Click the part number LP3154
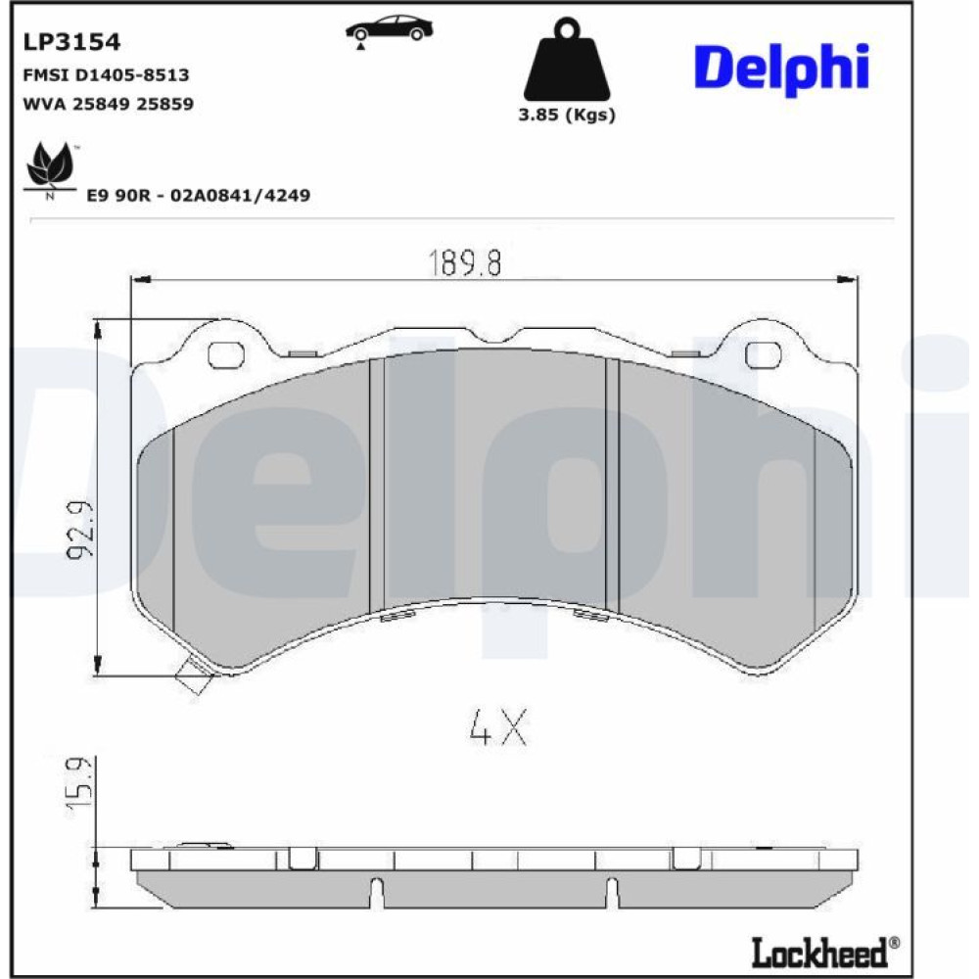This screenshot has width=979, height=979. [x=71, y=42]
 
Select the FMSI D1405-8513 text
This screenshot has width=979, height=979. [x=106, y=75]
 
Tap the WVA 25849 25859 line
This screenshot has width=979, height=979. [x=108, y=104]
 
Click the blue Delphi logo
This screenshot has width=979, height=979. [x=781, y=69]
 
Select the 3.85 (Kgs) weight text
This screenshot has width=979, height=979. [x=566, y=115]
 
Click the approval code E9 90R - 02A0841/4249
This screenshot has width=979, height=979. [x=198, y=196]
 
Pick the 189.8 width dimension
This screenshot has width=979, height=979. [x=464, y=262]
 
